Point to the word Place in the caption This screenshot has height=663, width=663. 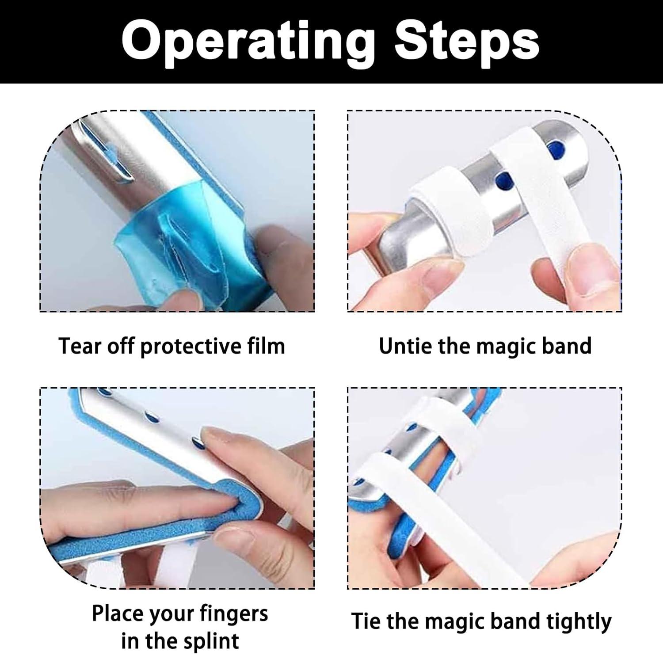click(x=117, y=614)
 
